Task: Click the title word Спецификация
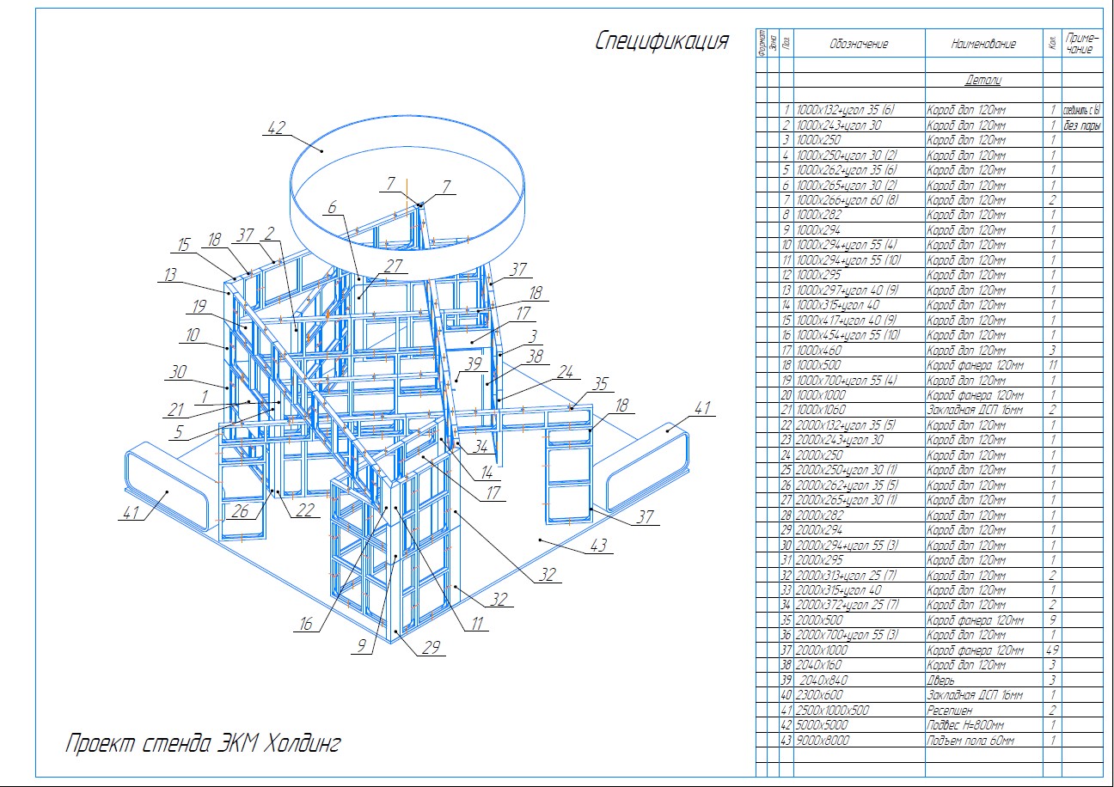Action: tap(662, 42)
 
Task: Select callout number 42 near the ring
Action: tap(276, 129)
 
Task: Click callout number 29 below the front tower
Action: tap(431, 648)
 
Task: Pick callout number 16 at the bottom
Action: tap(305, 625)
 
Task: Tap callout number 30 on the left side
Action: tap(179, 372)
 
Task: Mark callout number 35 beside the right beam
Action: tap(600, 383)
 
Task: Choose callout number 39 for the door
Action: tap(473, 363)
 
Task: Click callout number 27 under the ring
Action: tap(394, 266)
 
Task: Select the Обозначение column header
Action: tap(859, 44)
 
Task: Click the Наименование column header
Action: tap(983, 44)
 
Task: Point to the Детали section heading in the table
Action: tap(983, 81)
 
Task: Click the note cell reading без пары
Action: tap(1082, 125)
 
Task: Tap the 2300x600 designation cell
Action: tap(820, 695)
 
